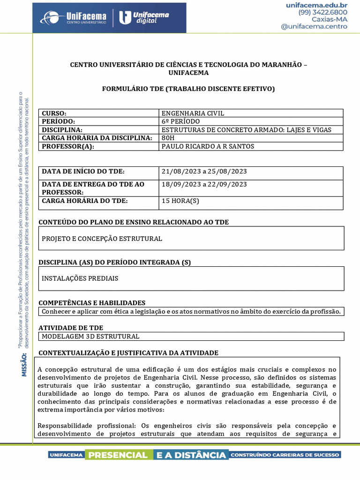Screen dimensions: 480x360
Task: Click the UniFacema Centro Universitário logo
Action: pos(73,18)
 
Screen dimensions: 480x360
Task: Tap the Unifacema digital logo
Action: pos(144,18)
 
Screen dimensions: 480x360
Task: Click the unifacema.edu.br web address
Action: pos(316,5)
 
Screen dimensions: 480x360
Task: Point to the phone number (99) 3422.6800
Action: pos(322,12)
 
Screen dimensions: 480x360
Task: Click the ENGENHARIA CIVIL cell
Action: pos(193,113)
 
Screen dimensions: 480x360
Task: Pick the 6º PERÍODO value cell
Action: pos(180,121)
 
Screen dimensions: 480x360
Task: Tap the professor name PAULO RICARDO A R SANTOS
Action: pos(208,146)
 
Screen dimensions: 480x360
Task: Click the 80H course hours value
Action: pos(167,138)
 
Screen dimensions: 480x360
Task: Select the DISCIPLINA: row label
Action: pos(62,130)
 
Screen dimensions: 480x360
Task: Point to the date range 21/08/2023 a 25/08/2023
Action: pos(204,172)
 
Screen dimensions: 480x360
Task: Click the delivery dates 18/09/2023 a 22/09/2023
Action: pos(204,184)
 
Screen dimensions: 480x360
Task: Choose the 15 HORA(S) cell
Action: pos(180,201)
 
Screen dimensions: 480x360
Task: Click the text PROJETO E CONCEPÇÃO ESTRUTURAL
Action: pos(102,239)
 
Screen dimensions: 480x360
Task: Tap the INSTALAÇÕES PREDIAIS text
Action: pos(80,278)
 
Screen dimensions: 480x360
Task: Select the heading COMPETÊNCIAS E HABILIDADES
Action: pos(92,303)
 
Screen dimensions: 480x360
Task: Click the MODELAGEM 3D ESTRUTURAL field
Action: pos(90,336)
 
